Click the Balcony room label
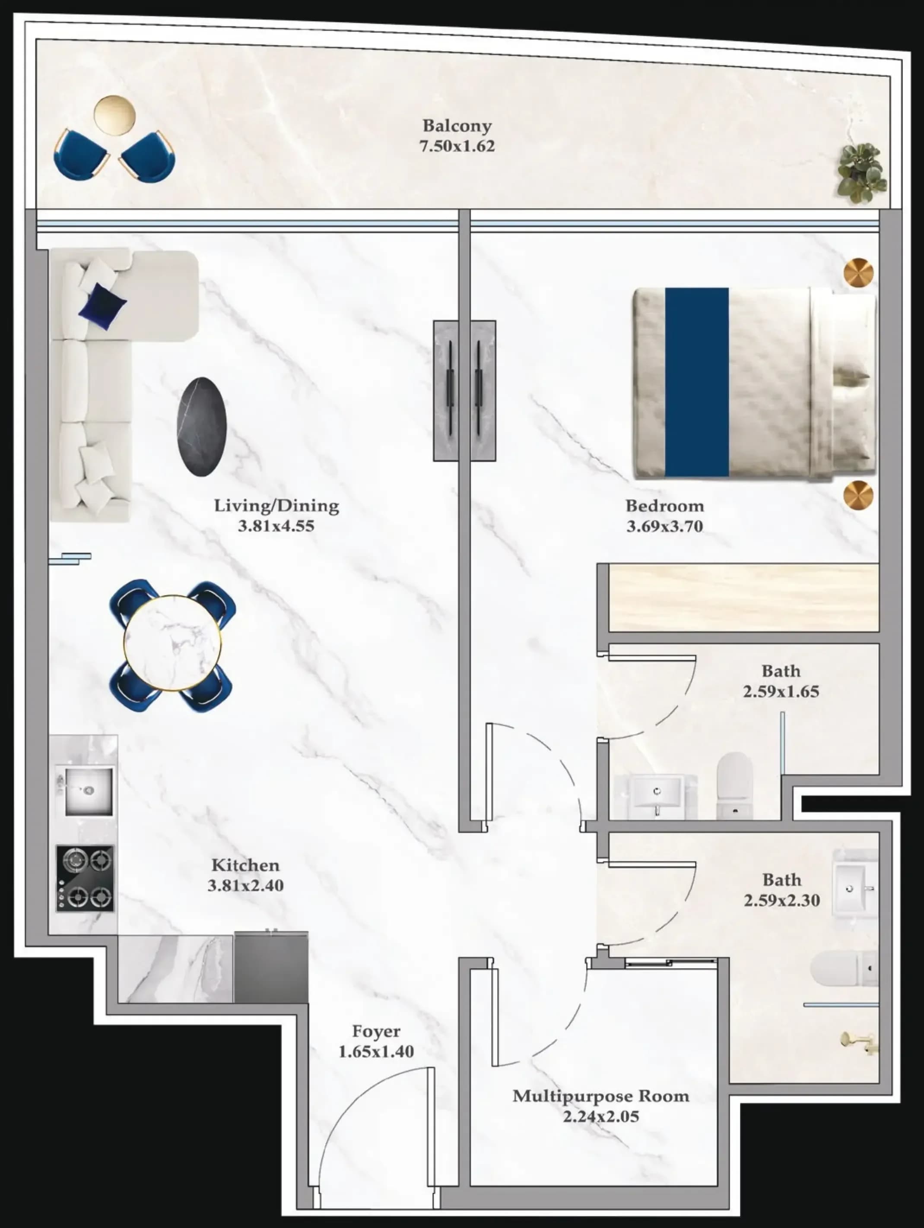pos(457,126)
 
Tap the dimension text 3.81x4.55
pos(276,526)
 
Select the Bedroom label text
pos(665,506)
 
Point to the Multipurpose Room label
pos(601,1096)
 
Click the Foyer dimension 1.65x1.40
pos(376,1051)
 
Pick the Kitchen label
pos(245,865)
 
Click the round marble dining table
pos(172,643)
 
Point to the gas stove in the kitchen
pos(85,878)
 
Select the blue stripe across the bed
pos(697,382)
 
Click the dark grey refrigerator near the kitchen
pos(271,967)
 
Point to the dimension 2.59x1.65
pos(781,692)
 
